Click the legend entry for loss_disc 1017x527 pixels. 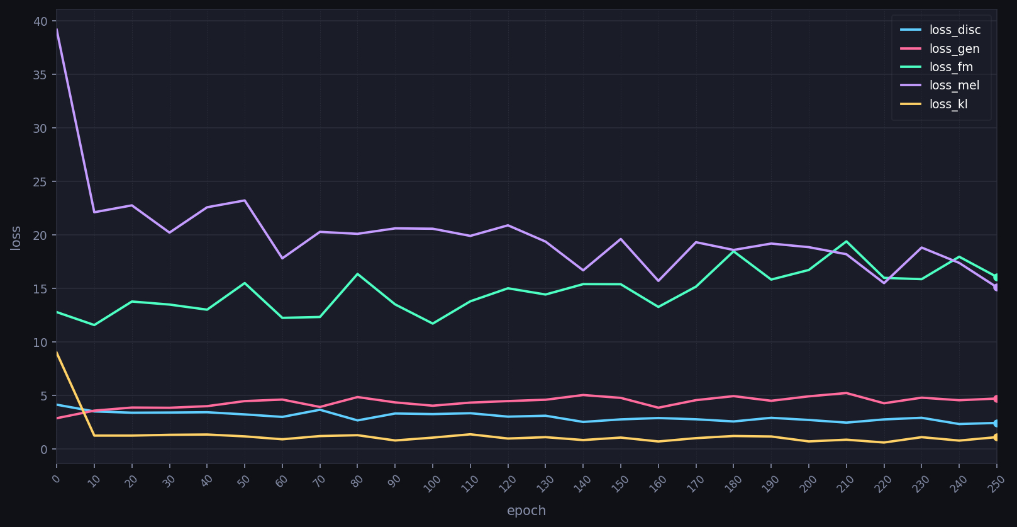click(x=955, y=30)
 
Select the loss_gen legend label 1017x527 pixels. click(x=954, y=49)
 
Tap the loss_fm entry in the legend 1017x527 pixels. click(x=951, y=67)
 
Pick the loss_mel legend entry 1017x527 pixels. click(x=954, y=86)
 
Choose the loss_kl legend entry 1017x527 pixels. click(x=948, y=105)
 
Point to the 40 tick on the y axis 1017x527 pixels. click(x=40, y=21)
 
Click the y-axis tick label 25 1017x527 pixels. click(x=40, y=182)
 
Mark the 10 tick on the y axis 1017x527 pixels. click(x=40, y=343)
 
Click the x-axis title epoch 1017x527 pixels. click(x=526, y=511)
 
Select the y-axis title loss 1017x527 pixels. click(x=16, y=238)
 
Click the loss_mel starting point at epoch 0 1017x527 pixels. click(x=57, y=30)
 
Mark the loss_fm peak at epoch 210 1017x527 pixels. click(x=846, y=241)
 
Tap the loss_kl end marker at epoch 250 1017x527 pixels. click(x=996, y=437)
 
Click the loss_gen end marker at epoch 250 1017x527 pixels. click(x=996, y=399)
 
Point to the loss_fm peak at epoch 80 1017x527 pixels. click(x=357, y=274)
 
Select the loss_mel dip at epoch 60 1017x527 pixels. click(x=282, y=258)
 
